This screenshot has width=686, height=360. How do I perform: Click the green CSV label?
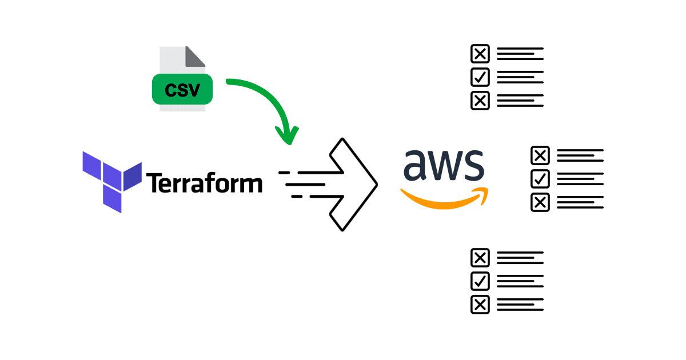[x=182, y=90]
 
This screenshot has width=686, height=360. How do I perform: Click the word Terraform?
[x=205, y=183]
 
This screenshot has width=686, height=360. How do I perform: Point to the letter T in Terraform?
[x=155, y=183]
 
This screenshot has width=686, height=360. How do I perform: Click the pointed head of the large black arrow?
[x=366, y=184]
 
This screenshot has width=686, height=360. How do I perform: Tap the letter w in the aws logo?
[x=443, y=165]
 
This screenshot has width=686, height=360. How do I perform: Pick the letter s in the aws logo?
[x=474, y=166]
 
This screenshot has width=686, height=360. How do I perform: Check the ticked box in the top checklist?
[x=480, y=77]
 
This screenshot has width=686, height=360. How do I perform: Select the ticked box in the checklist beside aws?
[x=540, y=179]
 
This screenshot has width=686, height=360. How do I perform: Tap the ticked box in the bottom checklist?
[x=480, y=281]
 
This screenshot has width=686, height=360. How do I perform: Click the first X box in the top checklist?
[x=480, y=54]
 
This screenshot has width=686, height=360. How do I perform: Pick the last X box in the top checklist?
[x=480, y=101]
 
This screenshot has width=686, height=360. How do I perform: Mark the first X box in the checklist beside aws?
[x=540, y=155]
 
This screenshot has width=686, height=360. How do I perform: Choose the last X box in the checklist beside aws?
[x=540, y=202]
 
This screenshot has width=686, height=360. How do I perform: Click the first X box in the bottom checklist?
[x=480, y=258]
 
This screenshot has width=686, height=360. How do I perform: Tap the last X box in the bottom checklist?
[x=480, y=305]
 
